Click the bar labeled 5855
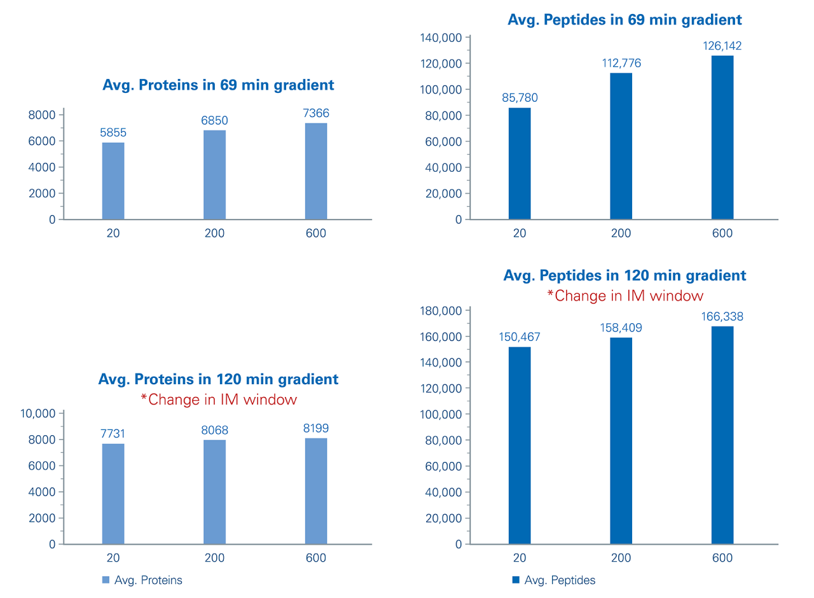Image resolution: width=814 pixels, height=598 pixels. [113, 181]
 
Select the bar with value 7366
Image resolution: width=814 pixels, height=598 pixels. [316, 172]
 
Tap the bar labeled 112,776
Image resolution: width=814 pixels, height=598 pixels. [621, 146]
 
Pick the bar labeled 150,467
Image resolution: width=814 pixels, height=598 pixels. [520, 445]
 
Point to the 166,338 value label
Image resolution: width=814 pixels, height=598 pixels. [722, 317]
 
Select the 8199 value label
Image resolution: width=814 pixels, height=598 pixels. [316, 428]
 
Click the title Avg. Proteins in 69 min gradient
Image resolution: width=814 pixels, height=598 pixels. [218, 85]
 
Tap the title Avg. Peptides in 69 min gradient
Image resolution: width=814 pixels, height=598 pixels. [624, 20]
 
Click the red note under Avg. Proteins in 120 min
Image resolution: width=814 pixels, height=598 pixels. [218, 400]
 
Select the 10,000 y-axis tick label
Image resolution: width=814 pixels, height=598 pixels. [38, 414]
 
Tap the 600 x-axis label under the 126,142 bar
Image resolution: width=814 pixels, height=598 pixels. [722, 233]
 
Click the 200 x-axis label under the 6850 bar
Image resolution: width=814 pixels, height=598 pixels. [214, 233]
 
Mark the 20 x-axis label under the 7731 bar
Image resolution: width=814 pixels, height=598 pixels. [113, 558]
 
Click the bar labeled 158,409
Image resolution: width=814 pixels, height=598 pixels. [621, 441]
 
